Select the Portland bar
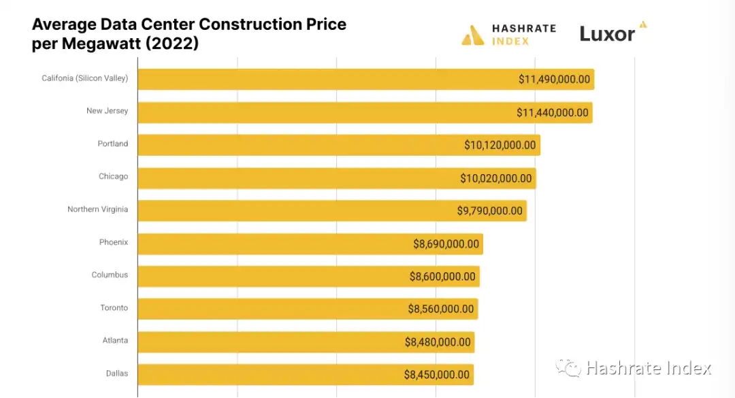click(x=299, y=145)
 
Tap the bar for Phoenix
click(x=272, y=244)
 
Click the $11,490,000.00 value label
click(x=554, y=80)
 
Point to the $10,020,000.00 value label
click(x=496, y=178)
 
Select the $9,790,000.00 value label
click(x=490, y=211)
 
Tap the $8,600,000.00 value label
click(x=442, y=276)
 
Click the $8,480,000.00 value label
click(x=438, y=342)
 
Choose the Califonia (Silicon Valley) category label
click(x=84, y=78)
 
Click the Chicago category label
click(x=113, y=177)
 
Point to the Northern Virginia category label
click(x=97, y=210)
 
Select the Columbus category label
click(x=110, y=275)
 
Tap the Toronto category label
click(x=114, y=308)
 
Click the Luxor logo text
click(x=607, y=33)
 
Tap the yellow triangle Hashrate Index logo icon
click(x=473, y=35)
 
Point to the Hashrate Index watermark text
click(x=648, y=369)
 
